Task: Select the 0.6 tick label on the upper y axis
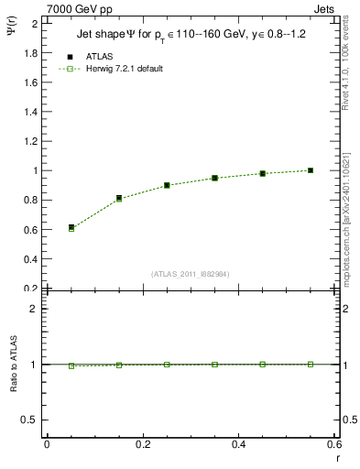(x=29, y=229)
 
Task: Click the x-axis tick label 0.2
(x=142, y=443)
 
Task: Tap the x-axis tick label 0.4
(x=238, y=443)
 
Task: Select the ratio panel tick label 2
(x=35, y=309)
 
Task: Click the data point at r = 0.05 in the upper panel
(x=71, y=227)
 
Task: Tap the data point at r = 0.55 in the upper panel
(x=311, y=170)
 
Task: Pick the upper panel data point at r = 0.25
(x=167, y=185)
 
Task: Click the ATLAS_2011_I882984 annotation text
(x=190, y=274)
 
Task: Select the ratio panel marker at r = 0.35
(x=214, y=365)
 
